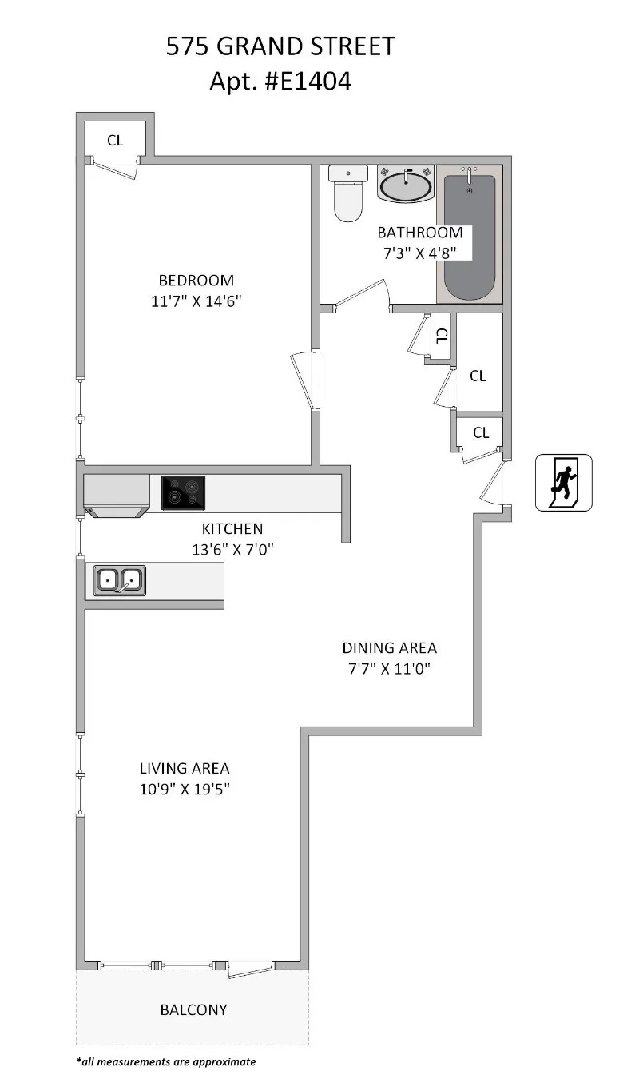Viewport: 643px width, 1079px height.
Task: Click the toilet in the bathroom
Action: click(x=347, y=196)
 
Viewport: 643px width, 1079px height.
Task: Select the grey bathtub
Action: click(x=469, y=236)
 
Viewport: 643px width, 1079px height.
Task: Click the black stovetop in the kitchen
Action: click(x=183, y=492)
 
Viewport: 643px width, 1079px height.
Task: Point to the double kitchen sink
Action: click(x=120, y=580)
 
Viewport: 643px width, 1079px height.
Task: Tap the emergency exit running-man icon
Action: click(x=563, y=482)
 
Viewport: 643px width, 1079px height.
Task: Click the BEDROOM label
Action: click(x=196, y=281)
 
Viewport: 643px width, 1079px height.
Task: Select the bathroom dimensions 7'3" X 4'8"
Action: click(x=419, y=253)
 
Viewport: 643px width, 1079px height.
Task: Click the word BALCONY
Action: click(x=193, y=1009)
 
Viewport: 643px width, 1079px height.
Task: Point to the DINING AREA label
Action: click(x=389, y=648)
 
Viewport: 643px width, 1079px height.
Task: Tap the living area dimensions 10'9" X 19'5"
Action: click(x=185, y=789)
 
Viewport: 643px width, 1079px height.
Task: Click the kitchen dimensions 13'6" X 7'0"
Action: click(x=232, y=548)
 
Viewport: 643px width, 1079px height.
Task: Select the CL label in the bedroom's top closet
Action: click(x=115, y=141)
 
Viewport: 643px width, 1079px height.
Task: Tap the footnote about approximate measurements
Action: click(x=166, y=1062)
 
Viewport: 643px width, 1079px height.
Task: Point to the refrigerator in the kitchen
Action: click(x=117, y=496)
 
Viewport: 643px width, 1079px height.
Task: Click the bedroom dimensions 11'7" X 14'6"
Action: click(x=196, y=301)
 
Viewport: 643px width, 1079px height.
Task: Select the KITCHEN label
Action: click(x=232, y=528)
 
